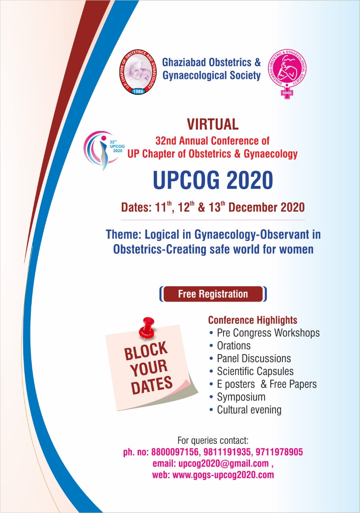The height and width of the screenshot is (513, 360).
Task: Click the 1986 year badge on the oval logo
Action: point(138,91)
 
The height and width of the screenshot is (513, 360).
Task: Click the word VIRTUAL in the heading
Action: point(213,124)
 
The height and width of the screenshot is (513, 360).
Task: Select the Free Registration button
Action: point(213,294)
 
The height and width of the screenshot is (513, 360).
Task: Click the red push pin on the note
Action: point(147,328)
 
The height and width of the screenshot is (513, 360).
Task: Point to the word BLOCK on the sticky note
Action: point(146,351)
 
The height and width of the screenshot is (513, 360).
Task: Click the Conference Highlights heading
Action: point(253,320)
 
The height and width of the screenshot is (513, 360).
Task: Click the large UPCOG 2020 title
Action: point(213,180)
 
